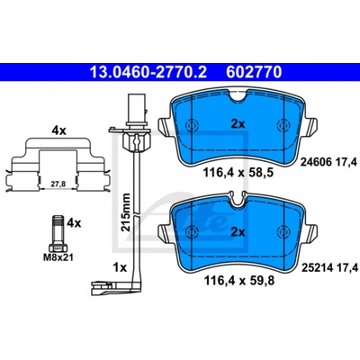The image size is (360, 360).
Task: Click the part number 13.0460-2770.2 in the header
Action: [x=148, y=72]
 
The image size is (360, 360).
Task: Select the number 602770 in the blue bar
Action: [x=254, y=72]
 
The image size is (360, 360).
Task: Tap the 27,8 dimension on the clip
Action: [x=58, y=184]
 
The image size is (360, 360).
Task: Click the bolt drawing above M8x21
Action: [x=57, y=234]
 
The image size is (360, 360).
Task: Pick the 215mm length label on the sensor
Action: [x=126, y=212]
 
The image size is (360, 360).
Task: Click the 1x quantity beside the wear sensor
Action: [x=120, y=267]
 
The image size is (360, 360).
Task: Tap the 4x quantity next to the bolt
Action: [x=74, y=222]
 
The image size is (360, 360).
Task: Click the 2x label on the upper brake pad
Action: [x=238, y=124]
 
